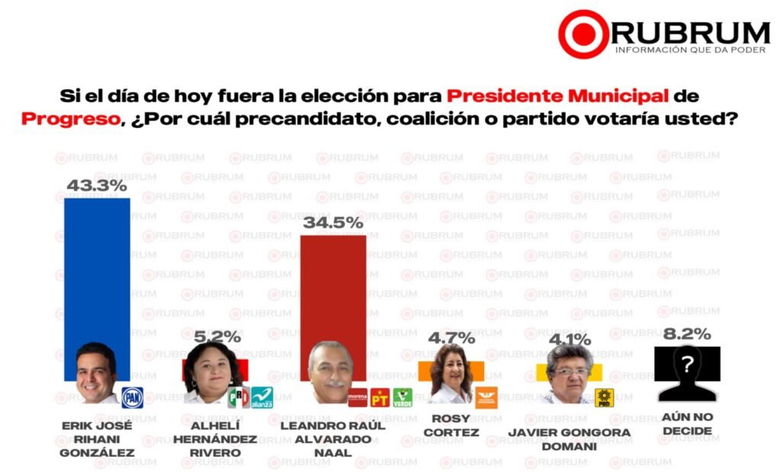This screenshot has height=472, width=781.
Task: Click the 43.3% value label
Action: (x=96, y=186)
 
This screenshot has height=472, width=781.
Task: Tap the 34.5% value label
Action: (x=333, y=223)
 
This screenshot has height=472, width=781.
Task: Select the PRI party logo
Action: (x=239, y=398)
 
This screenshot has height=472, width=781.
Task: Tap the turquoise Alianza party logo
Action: (x=262, y=398)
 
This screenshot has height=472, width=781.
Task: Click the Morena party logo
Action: (x=358, y=397)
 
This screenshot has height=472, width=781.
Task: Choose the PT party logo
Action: (x=380, y=397)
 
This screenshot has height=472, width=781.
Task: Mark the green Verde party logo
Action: (x=403, y=397)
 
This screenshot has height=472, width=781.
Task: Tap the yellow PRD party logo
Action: (x=604, y=397)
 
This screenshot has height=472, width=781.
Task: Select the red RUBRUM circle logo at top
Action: (x=583, y=34)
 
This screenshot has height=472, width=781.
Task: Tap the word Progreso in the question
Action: (x=70, y=120)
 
